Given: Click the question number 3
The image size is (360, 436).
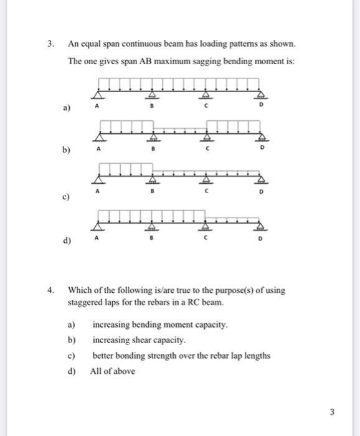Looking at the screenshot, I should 52,44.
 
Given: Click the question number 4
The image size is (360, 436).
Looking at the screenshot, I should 52,290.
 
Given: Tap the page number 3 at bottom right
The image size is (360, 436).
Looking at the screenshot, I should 332,411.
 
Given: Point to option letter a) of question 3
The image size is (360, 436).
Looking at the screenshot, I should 64,108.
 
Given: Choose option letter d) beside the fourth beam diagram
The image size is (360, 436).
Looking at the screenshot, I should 65,240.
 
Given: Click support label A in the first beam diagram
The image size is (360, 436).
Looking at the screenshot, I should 97,107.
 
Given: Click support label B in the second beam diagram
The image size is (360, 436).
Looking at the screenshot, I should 152,150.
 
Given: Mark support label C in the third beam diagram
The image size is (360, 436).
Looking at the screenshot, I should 206,194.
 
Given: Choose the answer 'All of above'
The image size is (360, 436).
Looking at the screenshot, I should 113,371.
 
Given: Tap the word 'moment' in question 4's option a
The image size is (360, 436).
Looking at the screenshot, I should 175,325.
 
